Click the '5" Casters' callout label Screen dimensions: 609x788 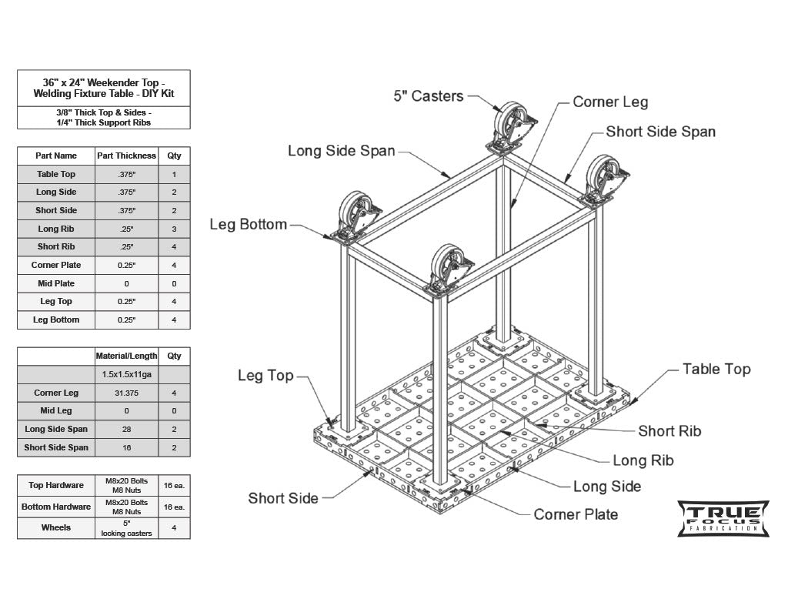tap(429, 96)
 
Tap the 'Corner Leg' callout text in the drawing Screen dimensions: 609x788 tap(610, 102)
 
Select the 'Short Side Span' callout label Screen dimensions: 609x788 tap(660, 132)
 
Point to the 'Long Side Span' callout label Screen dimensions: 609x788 tap(341, 151)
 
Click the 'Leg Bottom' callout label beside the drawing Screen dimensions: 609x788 tap(248, 225)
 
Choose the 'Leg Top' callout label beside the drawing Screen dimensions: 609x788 tap(265, 376)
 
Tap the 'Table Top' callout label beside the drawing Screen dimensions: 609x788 tap(716, 370)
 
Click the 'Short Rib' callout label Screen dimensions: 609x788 tap(669, 431)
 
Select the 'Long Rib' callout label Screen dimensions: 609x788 tap(643, 460)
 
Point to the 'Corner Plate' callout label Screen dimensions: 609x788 tap(576, 514)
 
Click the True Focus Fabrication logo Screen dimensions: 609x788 tap(723, 518)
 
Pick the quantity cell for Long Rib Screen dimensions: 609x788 tap(174, 229)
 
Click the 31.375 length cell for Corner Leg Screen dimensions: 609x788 tap(126, 393)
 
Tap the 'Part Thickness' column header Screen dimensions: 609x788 tap(126, 156)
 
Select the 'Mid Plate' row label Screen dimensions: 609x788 tap(56, 283)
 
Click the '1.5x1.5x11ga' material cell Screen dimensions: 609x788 tap(126, 374)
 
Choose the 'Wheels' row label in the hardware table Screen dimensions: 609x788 tap(56, 527)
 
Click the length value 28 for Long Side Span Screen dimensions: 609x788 tap(126, 429)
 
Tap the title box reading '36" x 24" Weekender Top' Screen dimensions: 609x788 tap(103, 88)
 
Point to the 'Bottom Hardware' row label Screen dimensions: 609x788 tap(56, 507)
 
